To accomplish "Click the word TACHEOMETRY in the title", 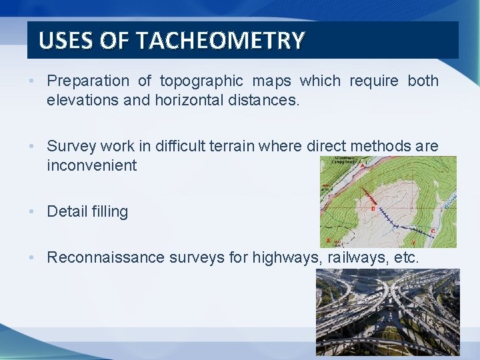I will click(x=221, y=41).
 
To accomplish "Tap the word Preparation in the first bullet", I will click(x=88, y=81).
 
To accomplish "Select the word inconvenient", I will click(x=91, y=165).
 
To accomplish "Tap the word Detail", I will click(x=65, y=212).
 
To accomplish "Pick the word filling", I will click(x=108, y=212).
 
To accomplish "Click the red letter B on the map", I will click(x=373, y=208).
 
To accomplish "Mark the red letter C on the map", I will click(x=433, y=231).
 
